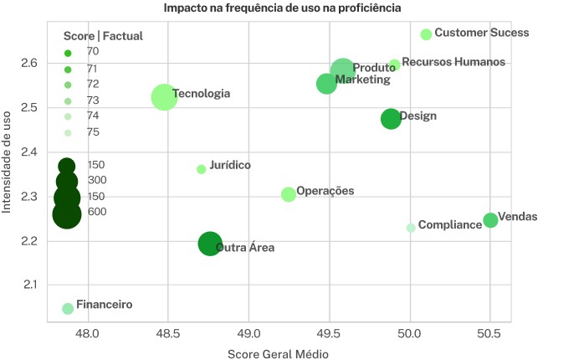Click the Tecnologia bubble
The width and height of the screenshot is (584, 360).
click(164, 97)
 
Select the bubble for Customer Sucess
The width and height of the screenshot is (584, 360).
click(426, 34)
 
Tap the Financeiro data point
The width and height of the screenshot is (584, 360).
click(68, 309)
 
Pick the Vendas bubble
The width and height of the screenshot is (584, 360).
click(490, 220)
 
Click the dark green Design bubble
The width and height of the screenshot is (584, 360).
click(391, 119)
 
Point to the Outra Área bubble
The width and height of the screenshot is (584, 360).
click(210, 244)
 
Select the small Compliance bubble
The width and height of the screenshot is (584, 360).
click(411, 228)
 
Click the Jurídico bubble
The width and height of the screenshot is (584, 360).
click(201, 169)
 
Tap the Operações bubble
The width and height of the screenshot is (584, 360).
click(289, 194)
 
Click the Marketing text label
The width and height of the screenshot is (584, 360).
click(362, 80)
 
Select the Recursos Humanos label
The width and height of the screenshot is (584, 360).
click(453, 62)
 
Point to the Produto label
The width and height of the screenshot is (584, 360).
click(374, 69)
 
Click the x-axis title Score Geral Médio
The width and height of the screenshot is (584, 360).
click(278, 353)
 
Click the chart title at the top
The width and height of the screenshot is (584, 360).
click(282, 8)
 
